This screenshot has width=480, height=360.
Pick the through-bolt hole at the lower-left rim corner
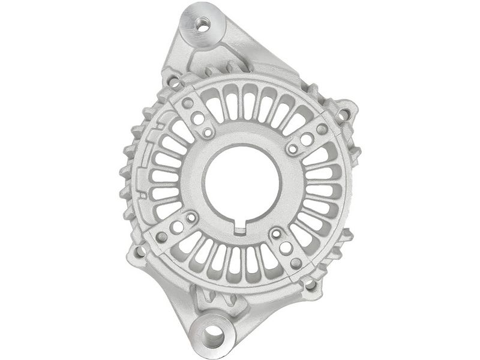[140, 251]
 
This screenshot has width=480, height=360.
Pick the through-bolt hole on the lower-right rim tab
[311, 284]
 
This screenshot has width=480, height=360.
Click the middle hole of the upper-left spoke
[199, 119]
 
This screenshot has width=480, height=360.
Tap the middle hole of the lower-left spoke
[177, 227]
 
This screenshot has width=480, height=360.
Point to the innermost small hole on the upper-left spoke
[208, 131]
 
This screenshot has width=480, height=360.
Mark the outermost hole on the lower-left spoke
[162, 236]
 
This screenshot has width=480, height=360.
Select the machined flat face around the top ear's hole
[193, 18]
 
